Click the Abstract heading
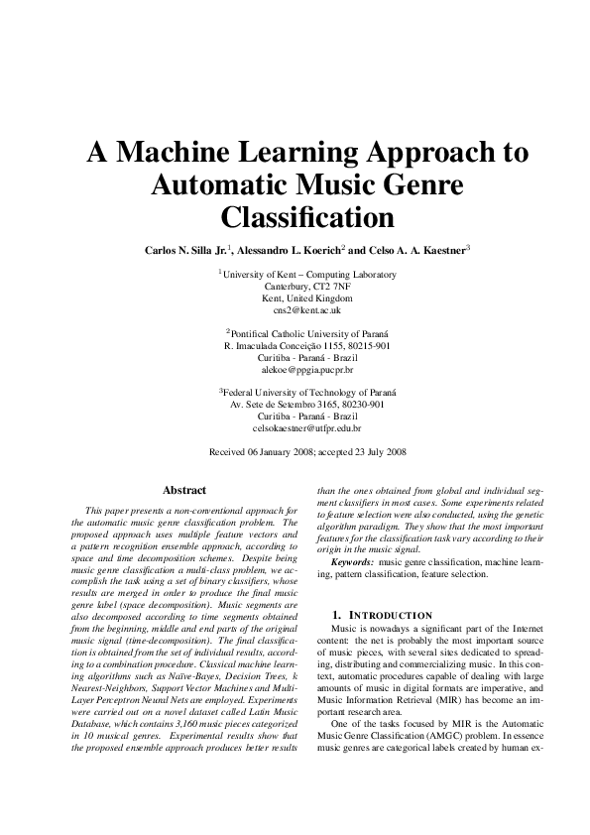click(184, 490)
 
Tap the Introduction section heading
click(383, 615)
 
